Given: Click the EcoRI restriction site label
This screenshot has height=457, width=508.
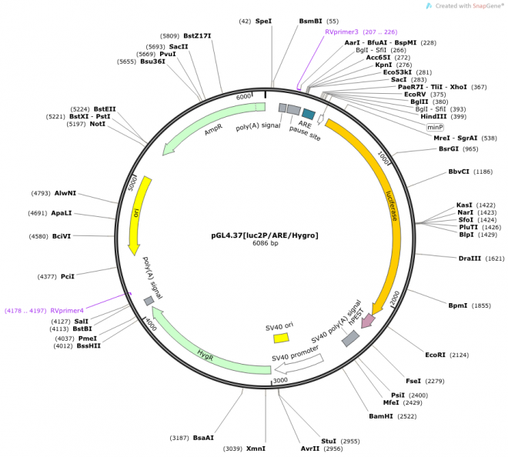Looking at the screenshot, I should click(x=436, y=355).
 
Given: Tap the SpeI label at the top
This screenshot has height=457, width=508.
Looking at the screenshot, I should click(x=263, y=22).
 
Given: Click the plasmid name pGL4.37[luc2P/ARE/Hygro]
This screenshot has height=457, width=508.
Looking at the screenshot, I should click(x=265, y=235).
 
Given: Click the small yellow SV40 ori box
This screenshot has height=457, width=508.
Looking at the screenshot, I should click(x=281, y=338).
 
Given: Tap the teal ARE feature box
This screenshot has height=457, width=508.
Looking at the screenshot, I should click(x=309, y=114).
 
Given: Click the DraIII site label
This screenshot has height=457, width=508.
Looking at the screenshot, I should click(x=470, y=259).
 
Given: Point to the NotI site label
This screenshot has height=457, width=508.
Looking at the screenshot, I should click(x=97, y=124).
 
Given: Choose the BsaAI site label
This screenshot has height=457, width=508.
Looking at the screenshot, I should click(x=203, y=438).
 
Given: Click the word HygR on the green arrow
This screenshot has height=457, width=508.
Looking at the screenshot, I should click(x=205, y=355).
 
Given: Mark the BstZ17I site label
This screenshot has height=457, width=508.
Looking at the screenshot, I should click(x=197, y=36).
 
